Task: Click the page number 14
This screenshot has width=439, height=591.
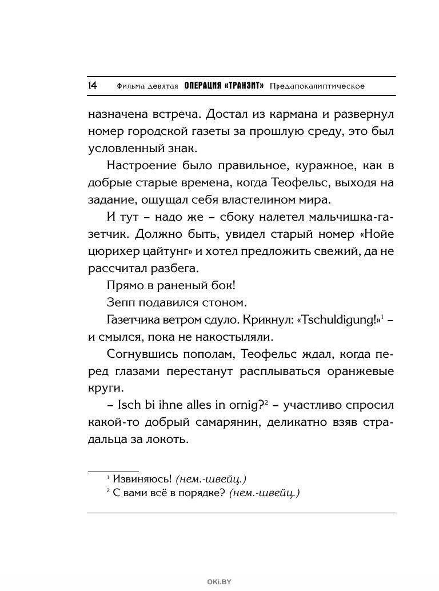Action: (93, 86)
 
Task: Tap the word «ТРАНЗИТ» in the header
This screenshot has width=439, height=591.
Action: (245, 86)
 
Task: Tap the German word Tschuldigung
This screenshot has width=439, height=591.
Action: (338, 320)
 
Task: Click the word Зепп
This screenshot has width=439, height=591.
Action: (120, 303)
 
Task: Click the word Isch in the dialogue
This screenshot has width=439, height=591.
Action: (128, 406)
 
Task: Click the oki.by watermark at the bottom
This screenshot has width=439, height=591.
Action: (219, 582)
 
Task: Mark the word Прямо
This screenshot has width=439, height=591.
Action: (123, 286)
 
